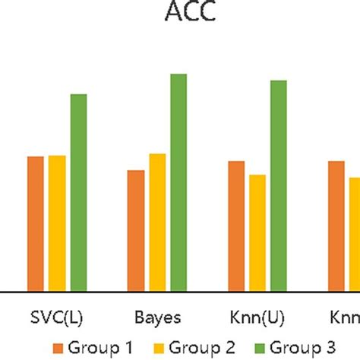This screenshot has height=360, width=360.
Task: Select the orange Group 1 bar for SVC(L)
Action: [x=36, y=223]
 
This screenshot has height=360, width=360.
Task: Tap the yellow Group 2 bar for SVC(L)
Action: [x=57, y=223]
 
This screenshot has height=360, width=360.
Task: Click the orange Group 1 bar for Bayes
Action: [x=136, y=230]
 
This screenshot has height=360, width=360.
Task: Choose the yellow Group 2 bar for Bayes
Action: [x=157, y=222]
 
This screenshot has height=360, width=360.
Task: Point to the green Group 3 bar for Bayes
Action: [x=178, y=182]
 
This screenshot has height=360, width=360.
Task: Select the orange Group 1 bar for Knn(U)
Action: [x=236, y=226]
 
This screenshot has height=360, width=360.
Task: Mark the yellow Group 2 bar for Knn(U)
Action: [x=257, y=232]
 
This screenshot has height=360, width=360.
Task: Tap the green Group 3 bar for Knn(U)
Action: [x=279, y=185]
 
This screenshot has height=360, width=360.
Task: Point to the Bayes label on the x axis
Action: [x=157, y=316]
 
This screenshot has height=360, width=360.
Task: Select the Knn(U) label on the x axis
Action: [x=257, y=316]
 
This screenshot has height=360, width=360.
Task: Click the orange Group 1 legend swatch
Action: [x=58, y=348]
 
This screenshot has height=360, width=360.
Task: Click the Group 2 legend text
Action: [x=201, y=348]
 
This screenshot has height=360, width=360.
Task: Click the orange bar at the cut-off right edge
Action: [x=336, y=226]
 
